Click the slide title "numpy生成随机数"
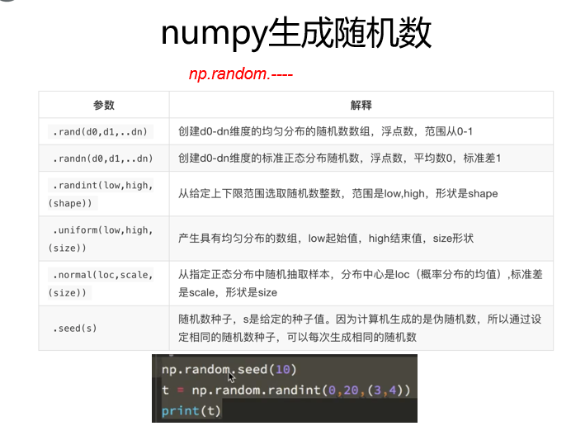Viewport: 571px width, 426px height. (295, 35)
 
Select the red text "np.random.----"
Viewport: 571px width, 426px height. (241, 75)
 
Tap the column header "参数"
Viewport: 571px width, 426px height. (103, 105)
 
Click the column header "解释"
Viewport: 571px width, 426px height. (361, 105)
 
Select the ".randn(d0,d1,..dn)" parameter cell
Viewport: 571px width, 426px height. (103, 158)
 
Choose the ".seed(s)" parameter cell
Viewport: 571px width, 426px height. (75, 328)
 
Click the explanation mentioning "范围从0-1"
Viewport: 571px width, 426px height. (325, 131)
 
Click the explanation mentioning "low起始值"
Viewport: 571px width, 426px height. (326, 238)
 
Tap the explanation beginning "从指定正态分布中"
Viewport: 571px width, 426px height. (361, 283)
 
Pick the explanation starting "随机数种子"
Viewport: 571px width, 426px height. (361, 327)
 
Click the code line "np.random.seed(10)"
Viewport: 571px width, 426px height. (229, 368)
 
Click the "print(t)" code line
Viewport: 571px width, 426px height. (191, 410)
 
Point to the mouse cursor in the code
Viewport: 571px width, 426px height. (232, 377)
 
